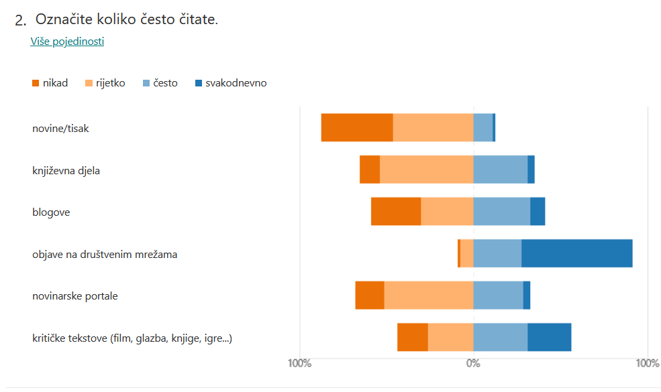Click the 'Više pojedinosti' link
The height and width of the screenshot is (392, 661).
point(67,42)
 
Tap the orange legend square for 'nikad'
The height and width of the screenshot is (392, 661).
point(36,84)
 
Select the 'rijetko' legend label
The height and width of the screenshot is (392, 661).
point(110,84)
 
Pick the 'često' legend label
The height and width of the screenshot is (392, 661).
point(165,84)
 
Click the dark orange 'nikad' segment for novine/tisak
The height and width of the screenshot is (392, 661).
point(356,127)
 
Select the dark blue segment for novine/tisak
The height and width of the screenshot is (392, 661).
point(494,127)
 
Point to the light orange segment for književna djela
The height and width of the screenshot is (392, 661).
point(426,170)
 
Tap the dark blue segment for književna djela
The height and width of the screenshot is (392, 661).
point(531,170)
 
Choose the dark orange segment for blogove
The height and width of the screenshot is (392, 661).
point(396,212)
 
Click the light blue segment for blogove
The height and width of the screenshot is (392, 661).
point(501,212)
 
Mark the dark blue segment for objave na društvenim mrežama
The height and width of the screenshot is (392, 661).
point(576,253)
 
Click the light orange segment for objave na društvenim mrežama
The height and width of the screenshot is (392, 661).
point(466,253)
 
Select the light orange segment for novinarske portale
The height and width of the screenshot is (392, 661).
point(428,296)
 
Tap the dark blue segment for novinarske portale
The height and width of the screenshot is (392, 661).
point(527,296)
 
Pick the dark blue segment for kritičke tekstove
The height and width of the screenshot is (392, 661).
point(549,337)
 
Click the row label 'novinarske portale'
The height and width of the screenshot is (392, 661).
point(75,296)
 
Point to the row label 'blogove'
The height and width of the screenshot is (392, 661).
point(51,212)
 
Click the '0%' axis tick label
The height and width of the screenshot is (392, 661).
point(473,364)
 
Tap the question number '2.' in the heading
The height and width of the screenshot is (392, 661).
point(21,21)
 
